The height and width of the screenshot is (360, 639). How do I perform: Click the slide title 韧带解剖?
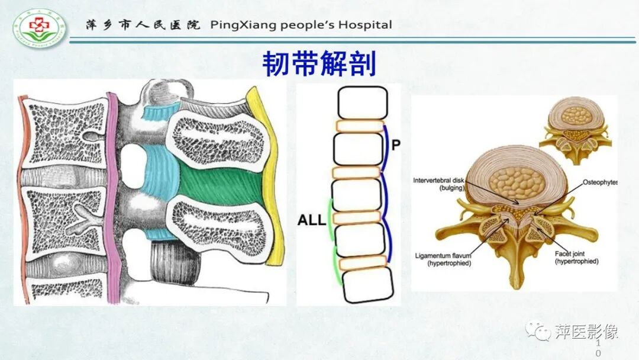[319, 64]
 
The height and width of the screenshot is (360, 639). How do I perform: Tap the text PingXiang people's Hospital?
[301, 25]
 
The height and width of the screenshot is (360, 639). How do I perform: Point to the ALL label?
[312, 221]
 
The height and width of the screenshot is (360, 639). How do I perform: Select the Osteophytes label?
[599, 182]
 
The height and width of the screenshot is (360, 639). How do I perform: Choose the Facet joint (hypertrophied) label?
[576, 258]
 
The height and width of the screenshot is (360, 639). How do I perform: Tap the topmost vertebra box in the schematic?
[362, 102]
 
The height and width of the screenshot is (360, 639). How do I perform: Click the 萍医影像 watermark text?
[586, 331]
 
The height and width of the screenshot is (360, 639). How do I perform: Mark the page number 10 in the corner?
[598, 348]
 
